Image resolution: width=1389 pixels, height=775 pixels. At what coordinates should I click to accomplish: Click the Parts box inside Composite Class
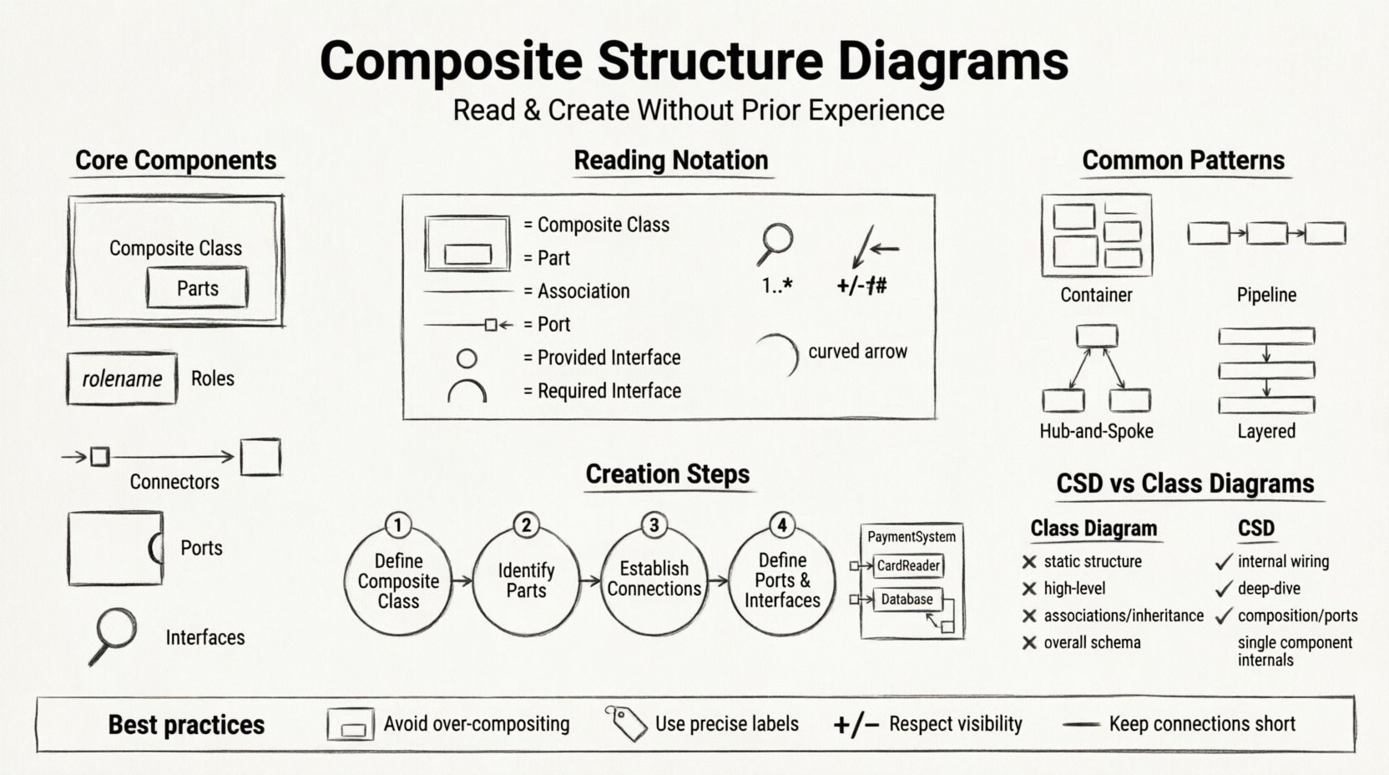click(x=197, y=288)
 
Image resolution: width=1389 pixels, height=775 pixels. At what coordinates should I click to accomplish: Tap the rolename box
click(x=122, y=378)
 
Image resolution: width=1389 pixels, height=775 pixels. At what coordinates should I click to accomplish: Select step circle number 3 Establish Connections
click(x=654, y=579)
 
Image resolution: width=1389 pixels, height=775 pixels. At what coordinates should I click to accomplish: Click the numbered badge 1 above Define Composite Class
click(x=398, y=525)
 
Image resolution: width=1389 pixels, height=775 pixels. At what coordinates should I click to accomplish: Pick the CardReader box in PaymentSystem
click(x=907, y=565)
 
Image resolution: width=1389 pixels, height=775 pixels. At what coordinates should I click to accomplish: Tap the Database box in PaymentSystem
click(x=907, y=599)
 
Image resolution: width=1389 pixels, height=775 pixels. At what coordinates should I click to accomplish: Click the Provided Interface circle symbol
click(x=467, y=358)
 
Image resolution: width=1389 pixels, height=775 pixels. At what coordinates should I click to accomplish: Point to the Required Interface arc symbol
click(x=467, y=391)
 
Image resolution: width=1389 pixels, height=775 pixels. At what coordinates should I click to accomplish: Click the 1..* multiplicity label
click(x=776, y=286)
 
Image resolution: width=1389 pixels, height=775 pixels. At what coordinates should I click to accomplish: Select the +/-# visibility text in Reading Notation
click(x=861, y=286)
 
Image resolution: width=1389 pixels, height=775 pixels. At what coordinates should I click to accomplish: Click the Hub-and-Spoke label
click(x=1096, y=431)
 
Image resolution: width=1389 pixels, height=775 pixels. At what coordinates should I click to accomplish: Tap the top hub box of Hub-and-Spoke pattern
click(x=1096, y=336)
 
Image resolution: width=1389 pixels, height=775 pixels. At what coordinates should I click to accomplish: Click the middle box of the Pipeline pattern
click(x=1266, y=233)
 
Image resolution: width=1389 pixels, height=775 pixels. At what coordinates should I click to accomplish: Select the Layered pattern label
click(x=1266, y=431)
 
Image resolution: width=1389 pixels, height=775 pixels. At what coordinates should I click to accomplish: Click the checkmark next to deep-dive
click(x=1224, y=589)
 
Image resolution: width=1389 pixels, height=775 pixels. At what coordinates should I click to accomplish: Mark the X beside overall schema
click(x=1029, y=642)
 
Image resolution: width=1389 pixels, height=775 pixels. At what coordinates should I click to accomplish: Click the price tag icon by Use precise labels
click(x=626, y=723)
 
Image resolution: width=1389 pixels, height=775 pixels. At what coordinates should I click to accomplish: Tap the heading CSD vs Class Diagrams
click(x=1184, y=484)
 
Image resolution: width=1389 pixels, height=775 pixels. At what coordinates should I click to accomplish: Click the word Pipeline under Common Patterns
click(x=1266, y=295)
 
